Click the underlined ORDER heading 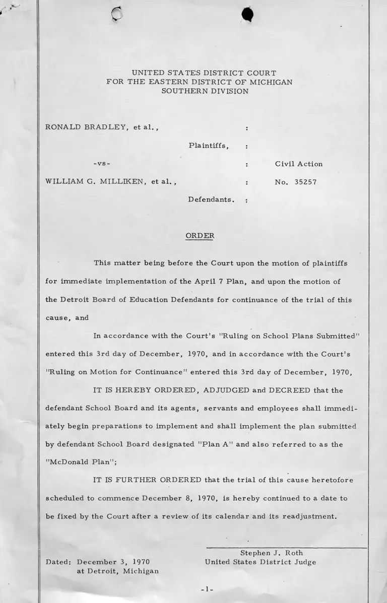[200, 236]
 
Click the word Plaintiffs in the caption [209, 146]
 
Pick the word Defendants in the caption [211, 200]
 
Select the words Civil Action [299, 164]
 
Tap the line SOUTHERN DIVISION [204, 91]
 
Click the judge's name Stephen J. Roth [272, 553]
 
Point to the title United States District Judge [261, 562]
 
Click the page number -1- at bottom [208, 589]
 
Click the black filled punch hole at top [246, 16]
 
